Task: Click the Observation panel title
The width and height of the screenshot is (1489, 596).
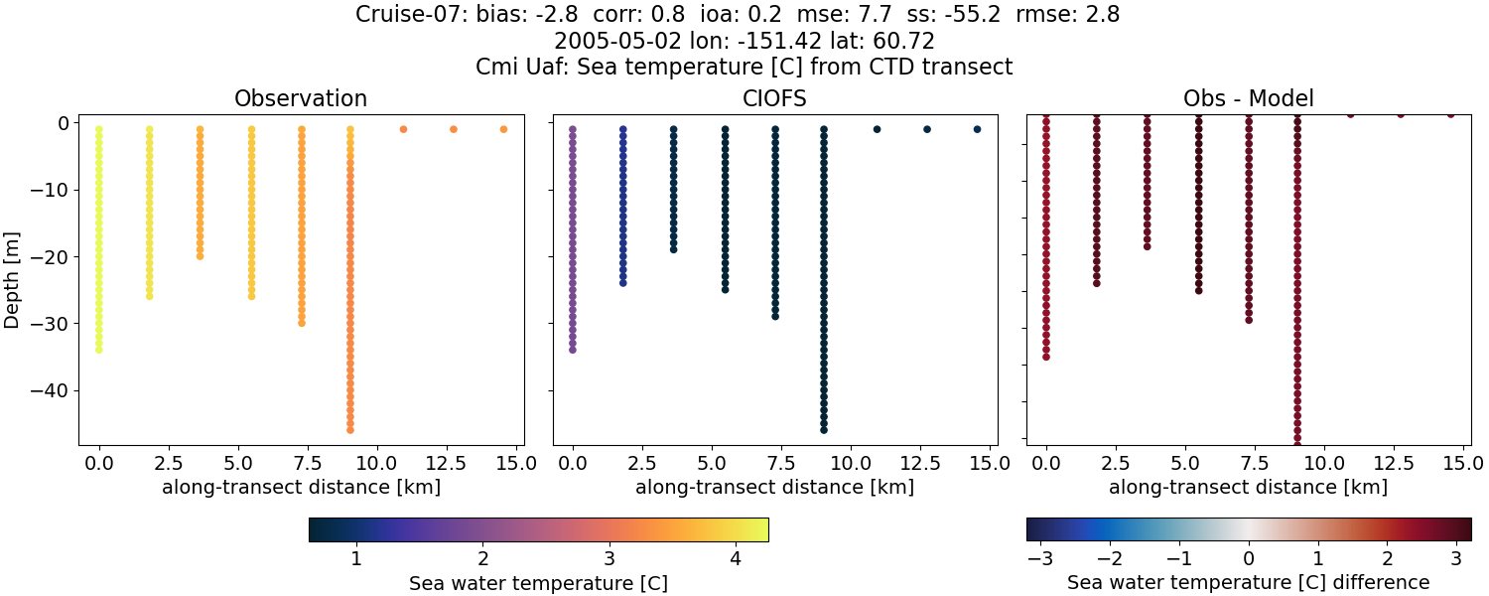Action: (301, 98)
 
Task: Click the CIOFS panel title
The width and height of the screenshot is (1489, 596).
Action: (774, 98)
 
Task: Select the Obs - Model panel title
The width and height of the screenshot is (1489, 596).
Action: (1248, 98)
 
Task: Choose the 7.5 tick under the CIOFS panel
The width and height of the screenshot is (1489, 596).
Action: (774, 462)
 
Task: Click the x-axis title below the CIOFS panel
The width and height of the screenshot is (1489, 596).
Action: (774, 488)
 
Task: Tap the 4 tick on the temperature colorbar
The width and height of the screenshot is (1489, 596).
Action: (736, 558)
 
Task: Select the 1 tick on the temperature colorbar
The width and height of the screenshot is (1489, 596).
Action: (356, 558)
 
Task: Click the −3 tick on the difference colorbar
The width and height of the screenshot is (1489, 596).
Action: (1039, 558)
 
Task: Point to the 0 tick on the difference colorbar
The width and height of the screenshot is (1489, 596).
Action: (1249, 558)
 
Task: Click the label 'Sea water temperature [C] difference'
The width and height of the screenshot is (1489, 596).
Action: (1248, 583)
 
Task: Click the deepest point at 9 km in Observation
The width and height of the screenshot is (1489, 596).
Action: (350, 429)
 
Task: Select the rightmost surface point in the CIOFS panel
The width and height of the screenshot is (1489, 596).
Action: (977, 129)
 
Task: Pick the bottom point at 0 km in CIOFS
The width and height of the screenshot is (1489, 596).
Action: (573, 350)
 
